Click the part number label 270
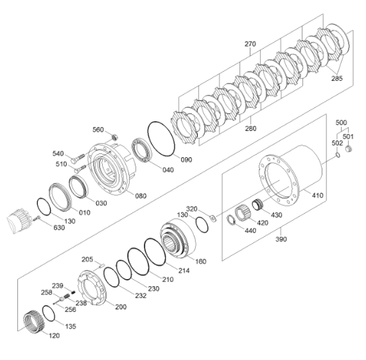point(250,44)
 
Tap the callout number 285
point(337,78)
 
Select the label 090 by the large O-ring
point(186,160)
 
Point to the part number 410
point(317,195)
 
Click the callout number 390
point(281,239)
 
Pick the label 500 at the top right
point(341,123)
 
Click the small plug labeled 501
point(349,149)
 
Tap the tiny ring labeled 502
point(338,155)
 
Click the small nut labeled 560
point(114,137)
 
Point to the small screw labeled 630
point(37,219)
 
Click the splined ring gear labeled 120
point(33,321)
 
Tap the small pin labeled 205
point(101,265)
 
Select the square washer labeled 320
point(213,218)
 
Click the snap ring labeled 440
point(231,220)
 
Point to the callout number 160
point(201,261)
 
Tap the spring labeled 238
point(67,296)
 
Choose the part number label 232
point(141,296)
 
